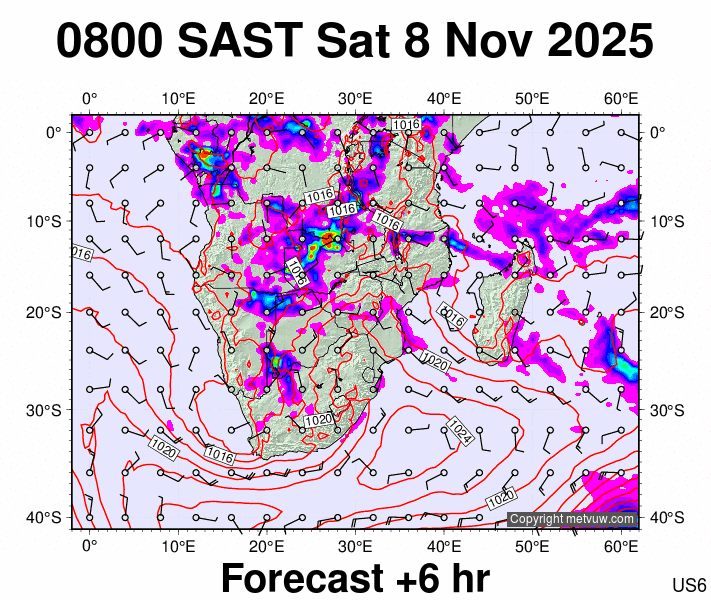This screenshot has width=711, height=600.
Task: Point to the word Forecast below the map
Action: (x=300, y=578)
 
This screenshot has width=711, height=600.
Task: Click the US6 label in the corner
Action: (x=690, y=585)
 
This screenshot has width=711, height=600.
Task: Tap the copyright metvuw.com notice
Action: (x=572, y=519)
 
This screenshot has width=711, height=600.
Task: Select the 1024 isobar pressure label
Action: (x=459, y=431)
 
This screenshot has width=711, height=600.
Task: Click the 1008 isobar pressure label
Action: (x=297, y=271)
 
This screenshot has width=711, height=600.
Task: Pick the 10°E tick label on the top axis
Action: (x=178, y=98)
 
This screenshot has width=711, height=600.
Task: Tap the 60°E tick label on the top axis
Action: (x=622, y=98)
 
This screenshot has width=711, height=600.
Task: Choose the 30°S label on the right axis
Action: (x=664, y=410)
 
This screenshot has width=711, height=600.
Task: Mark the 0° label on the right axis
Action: (x=660, y=132)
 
